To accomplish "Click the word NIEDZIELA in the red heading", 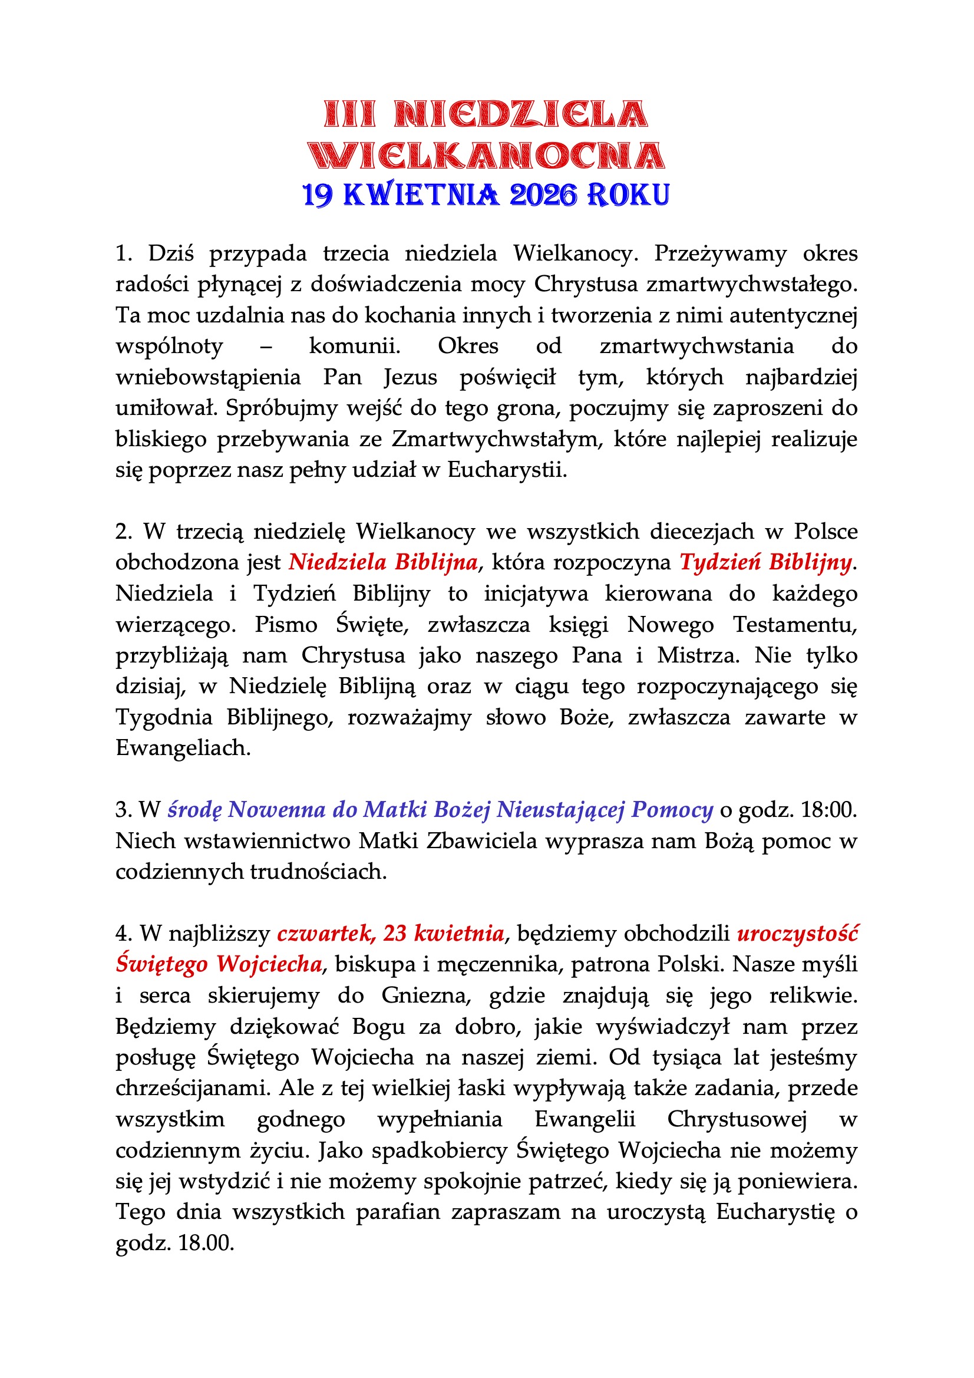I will [520, 114].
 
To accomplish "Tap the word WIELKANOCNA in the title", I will [487, 156].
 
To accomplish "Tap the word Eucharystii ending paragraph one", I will [507, 469].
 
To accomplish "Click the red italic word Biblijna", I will [436, 562].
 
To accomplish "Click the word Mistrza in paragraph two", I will [697, 655].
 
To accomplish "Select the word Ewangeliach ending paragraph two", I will [183, 748].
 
